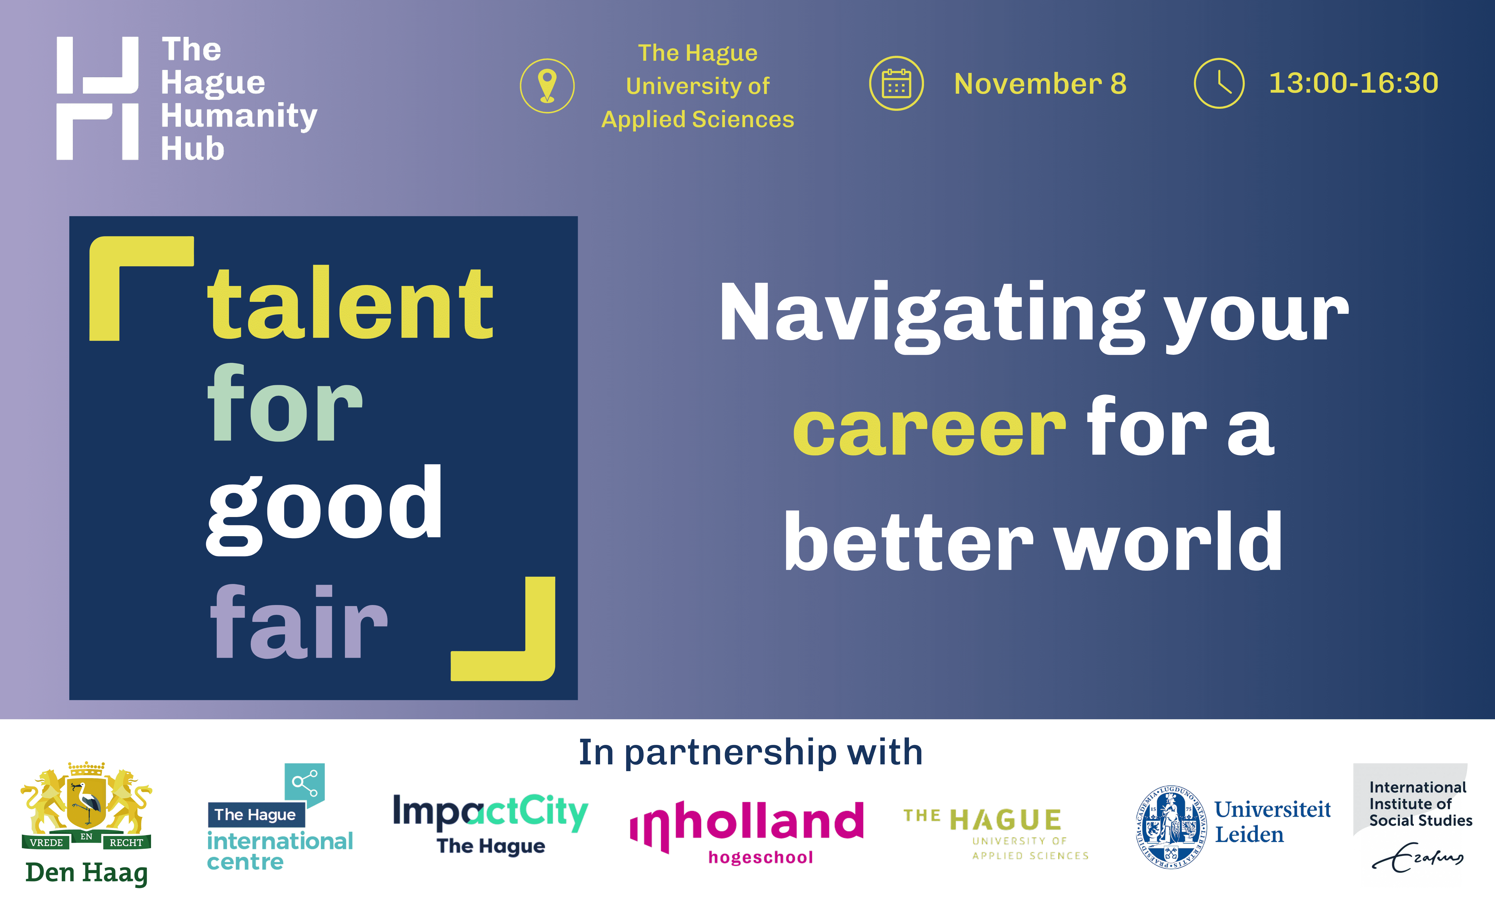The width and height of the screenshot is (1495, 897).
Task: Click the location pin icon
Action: (x=547, y=86)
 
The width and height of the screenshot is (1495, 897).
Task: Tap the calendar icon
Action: (x=896, y=83)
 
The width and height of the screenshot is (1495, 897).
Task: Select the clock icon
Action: (x=1219, y=83)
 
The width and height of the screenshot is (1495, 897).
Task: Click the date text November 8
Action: (x=1040, y=83)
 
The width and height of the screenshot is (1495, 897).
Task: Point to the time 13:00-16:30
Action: (x=1354, y=83)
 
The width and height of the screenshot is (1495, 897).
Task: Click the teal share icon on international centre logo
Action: (x=304, y=784)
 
